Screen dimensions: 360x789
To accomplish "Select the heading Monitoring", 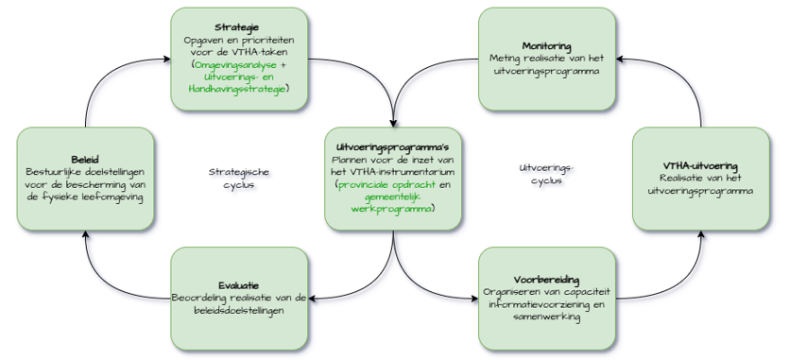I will point(546,46).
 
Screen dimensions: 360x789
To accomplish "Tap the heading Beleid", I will point(84,160).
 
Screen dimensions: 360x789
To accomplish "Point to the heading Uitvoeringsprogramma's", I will point(393,147).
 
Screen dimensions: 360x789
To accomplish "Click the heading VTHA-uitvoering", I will point(700,166).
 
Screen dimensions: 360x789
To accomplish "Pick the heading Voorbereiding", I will point(546,280).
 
